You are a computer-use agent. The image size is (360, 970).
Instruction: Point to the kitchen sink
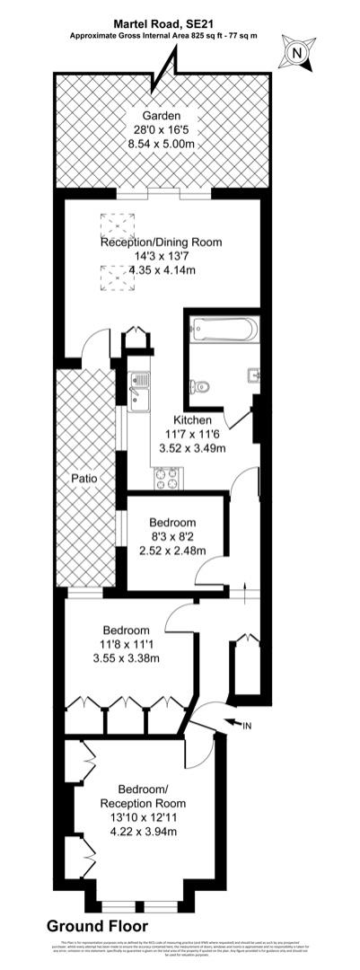140,390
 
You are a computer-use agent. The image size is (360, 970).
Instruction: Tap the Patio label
86,478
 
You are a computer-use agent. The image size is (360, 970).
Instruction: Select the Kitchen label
192,420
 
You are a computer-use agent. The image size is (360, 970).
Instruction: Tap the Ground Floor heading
98,925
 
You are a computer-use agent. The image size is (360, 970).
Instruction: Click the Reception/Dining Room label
161,242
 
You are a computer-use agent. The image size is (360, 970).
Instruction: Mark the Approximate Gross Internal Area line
162,37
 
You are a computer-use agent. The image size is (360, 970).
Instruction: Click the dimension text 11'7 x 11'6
192,435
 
